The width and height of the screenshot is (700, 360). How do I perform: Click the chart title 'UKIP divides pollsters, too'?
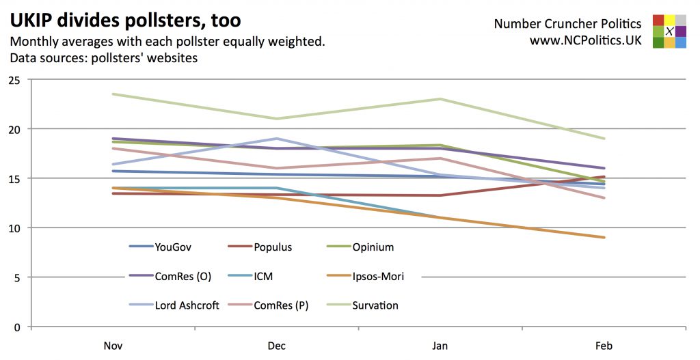click(x=125, y=20)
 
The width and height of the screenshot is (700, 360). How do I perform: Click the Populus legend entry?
click(x=273, y=247)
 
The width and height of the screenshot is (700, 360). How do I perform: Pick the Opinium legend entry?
click(x=373, y=247)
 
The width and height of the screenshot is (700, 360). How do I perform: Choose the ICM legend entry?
click(x=267, y=276)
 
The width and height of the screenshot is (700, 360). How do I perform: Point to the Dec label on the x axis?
click(x=276, y=346)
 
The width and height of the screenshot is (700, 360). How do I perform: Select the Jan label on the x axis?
click(x=440, y=346)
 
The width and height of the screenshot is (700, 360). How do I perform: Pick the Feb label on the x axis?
click(x=604, y=346)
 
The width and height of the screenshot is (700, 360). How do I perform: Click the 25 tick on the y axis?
click(x=14, y=80)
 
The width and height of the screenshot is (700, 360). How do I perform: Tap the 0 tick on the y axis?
click(x=16, y=327)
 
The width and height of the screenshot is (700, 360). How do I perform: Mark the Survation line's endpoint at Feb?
click(x=604, y=139)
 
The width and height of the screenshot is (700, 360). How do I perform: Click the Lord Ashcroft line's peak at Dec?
click(x=276, y=139)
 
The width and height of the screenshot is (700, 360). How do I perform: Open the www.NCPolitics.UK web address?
click(x=585, y=40)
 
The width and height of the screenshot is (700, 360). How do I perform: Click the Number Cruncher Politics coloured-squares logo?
click(x=669, y=31)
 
